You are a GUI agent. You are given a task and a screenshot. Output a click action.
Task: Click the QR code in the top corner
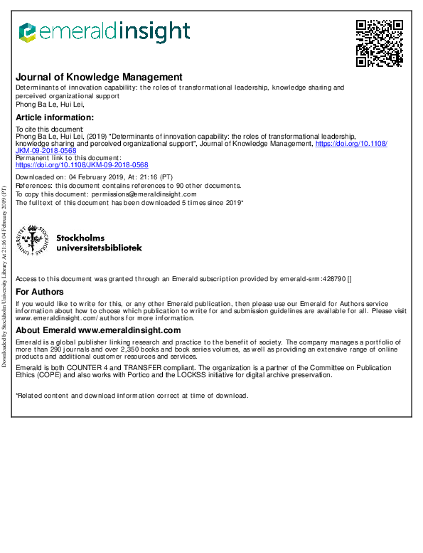(x=379, y=43)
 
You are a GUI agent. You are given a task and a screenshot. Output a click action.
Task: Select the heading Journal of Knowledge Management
(x=99, y=78)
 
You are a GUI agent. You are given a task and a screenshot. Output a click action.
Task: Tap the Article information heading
(x=55, y=117)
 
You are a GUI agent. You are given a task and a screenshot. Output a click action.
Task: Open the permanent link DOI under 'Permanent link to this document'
(x=82, y=164)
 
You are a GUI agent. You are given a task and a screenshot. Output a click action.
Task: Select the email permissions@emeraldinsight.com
(x=139, y=194)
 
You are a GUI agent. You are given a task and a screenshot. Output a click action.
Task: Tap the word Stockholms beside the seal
(x=80, y=238)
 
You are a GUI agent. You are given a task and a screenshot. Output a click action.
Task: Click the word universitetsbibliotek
(x=99, y=248)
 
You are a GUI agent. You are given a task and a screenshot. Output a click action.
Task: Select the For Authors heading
(x=40, y=292)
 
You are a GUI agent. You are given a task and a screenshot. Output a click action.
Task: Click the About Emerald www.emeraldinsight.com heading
(x=98, y=330)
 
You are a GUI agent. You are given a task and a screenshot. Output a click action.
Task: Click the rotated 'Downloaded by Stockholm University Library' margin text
(x=5, y=278)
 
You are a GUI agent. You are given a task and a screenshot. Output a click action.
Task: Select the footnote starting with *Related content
(x=132, y=396)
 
